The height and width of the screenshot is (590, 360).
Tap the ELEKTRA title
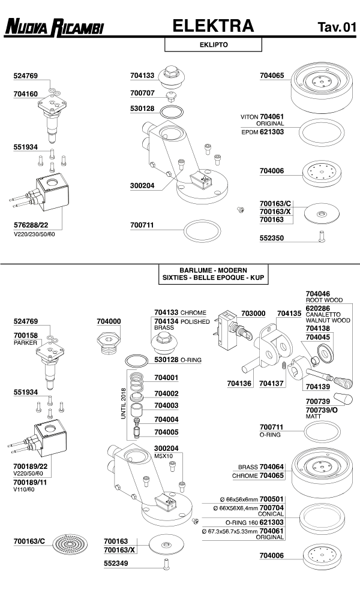(x=213, y=26)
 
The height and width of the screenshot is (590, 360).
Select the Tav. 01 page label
(x=337, y=28)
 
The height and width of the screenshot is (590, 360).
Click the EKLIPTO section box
(x=214, y=45)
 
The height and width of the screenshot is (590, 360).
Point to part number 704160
(x=26, y=94)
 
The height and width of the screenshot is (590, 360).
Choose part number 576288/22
(x=30, y=225)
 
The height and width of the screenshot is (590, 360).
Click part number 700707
(x=142, y=93)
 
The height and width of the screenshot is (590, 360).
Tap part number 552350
(x=272, y=238)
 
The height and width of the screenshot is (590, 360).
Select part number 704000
(x=109, y=321)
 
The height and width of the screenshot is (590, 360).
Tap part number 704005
(x=166, y=432)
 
